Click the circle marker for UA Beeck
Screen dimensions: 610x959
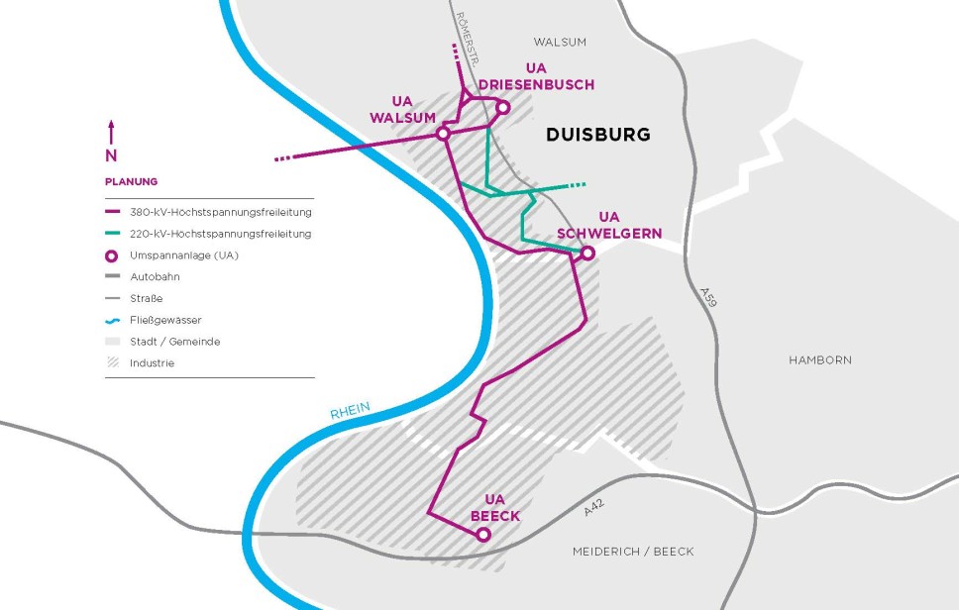tap(483, 535)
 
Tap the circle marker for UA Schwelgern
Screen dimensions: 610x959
tap(586, 254)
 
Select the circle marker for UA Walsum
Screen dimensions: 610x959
tap(443, 133)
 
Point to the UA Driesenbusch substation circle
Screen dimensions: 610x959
tap(502, 107)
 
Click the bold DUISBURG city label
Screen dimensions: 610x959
tap(598, 135)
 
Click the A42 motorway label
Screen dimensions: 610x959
tap(593, 508)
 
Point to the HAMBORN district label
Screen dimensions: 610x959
tap(819, 360)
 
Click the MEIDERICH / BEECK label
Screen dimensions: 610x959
tap(633, 552)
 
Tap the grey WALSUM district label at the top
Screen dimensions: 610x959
tap(560, 42)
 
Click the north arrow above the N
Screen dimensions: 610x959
tap(111, 132)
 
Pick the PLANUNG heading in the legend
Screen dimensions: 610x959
tap(131, 181)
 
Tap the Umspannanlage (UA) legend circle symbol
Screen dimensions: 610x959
tap(112, 255)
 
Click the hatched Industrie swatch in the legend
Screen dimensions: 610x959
tap(112, 362)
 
